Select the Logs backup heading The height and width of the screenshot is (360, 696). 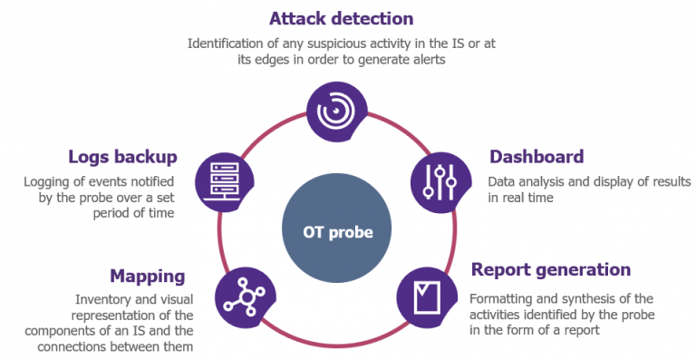122,157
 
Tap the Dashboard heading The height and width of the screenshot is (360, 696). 536,157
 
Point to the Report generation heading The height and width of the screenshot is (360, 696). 551,269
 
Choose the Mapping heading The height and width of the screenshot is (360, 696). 148,276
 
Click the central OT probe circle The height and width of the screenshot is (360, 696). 337,231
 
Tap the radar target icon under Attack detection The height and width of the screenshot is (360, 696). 336,110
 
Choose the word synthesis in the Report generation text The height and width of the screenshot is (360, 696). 594,298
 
